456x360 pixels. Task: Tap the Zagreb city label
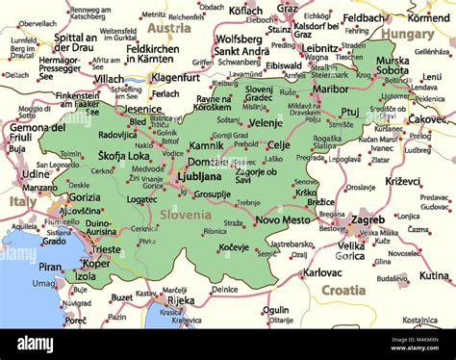point(366,219)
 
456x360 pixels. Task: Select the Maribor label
point(331,89)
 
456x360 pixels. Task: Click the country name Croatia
point(342,289)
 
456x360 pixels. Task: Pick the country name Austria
point(169,28)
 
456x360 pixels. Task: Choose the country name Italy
point(22,202)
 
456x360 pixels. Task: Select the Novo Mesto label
point(282,220)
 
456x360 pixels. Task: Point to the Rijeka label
point(180,299)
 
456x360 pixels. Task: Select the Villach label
point(109,78)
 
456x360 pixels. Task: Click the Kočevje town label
point(233,246)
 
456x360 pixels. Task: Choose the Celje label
point(279,144)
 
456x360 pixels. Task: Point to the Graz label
point(288,8)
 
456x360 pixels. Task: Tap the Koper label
point(96,263)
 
